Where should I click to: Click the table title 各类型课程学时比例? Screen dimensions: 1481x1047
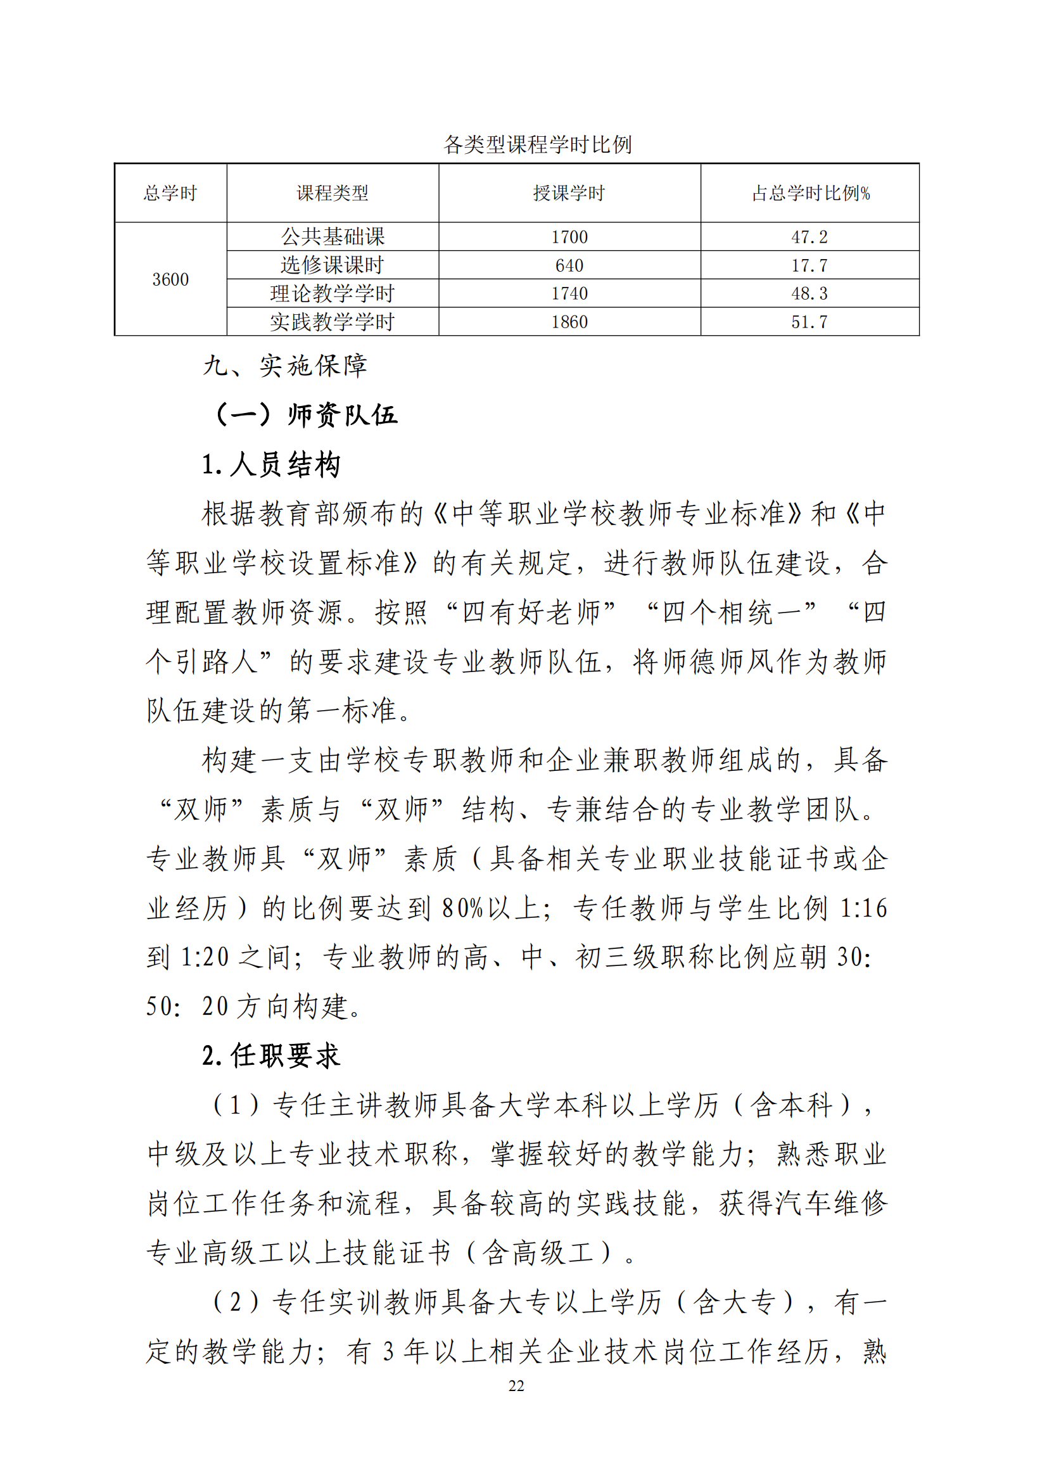pos(536,144)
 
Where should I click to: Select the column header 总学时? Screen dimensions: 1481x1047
pos(170,193)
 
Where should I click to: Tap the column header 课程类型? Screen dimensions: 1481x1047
pos(333,193)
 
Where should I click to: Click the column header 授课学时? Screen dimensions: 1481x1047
pos(569,193)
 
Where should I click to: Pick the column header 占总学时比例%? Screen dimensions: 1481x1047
pos(810,193)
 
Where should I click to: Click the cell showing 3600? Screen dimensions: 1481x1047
pos(170,279)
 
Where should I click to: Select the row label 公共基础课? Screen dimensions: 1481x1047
pos(333,237)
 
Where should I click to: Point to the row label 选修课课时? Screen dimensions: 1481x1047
pos(333,265)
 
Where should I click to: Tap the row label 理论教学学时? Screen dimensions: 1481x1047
pos(333,293)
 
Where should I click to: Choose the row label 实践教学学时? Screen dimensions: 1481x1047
pos(333,322)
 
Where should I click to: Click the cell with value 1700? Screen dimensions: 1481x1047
pos(569,237)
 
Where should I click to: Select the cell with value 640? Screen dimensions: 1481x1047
pos(569,265)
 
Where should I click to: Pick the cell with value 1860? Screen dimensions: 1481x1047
pos(569,322)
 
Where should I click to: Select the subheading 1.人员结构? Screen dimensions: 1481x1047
pos(271,464)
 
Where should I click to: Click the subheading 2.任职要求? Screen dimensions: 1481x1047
pos(271,1056)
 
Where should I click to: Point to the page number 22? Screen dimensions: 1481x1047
pos(516,1385)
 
